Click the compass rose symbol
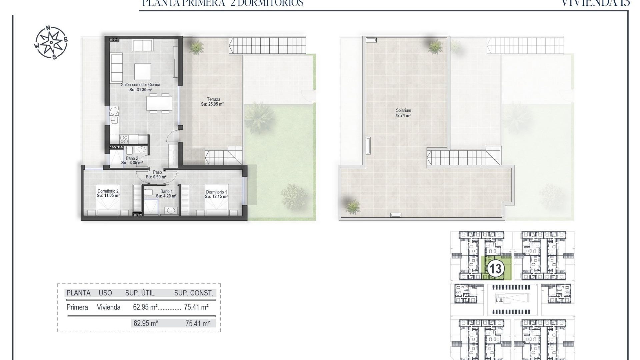[x=51, y=42]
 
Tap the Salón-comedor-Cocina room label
[x=140, y=85]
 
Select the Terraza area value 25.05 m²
[x=212, y=104]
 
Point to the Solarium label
[x=403, y=110]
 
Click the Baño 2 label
[x=132, y=158]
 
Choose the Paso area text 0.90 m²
[x=156, y=177]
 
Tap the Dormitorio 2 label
[x=108, y=191]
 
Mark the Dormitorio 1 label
[x=216, y=192]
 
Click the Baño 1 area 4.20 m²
[x=166, y=196]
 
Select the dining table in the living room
[x=160, y=103]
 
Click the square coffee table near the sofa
[x=143, y=71]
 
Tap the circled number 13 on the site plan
[x=495, y=269]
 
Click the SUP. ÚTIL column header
[x=140, y=293]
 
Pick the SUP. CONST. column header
[x=193, y=293]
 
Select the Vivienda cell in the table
[x=109, y=307]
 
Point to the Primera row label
[x=77, y=307]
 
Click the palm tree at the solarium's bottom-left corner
[x=352, y=206]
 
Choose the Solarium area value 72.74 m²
[x=403, y=116]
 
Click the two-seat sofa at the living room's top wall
[x=142, y=44]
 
